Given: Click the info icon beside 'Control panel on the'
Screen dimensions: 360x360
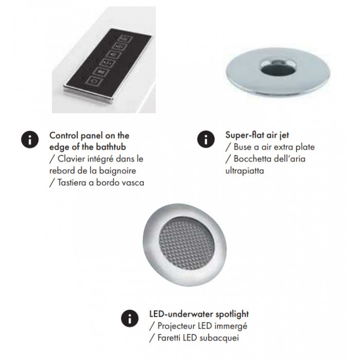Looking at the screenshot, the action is pyautogui.click(x=30, y=139).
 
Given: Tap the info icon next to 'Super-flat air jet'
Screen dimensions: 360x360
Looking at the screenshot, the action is pyautogui.click(x=206, y=139).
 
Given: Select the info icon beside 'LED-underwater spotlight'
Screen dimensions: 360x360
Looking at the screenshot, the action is pyautogui.click(x=130, y=318).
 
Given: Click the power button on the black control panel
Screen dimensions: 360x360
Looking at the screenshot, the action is pyautogui.click(x=94, y=81).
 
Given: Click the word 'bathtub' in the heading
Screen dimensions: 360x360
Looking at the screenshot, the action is pyautogui.click(x=111, y=147).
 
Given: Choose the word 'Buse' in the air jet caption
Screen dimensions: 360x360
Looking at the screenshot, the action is pyautogui.click(x=242, y=147).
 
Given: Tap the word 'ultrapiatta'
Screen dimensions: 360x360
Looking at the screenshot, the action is pyautogui.click(x=244, y=171).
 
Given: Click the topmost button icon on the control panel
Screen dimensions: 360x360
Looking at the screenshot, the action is pyautogui.click(x=126, y=39).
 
